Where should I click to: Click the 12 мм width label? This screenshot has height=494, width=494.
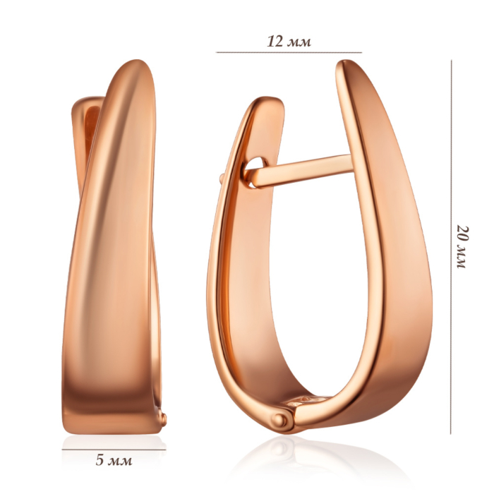click(x=289, y=41)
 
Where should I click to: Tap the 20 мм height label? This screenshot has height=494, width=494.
click(x=462, y=247)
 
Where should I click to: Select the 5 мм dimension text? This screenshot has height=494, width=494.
click(x=114, y=461)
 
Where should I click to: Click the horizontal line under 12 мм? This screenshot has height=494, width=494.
click(x=289, y=52)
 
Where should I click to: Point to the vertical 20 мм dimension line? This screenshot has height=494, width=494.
click(x=451, y=247)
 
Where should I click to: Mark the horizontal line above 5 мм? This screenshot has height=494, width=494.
click(x=114, y=450)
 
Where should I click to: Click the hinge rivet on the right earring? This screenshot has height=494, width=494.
click(x=279, y=421)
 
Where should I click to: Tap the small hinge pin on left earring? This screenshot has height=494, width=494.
click(x=164, y=418)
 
